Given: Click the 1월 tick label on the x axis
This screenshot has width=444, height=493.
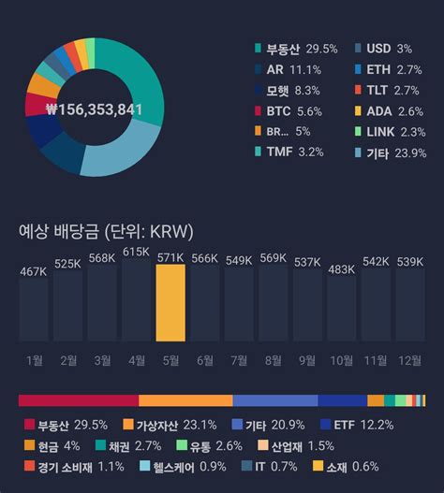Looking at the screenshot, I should tap(34, 359).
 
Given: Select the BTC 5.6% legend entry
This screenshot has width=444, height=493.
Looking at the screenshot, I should tap(290, 109).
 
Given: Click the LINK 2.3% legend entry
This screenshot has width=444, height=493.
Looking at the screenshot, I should tap(391, 132).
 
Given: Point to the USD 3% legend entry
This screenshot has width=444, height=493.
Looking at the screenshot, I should tap(383, 48).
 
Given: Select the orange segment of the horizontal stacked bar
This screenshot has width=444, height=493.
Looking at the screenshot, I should tap(185, 400).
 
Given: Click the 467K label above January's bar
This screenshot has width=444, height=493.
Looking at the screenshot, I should tap(33, 271).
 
